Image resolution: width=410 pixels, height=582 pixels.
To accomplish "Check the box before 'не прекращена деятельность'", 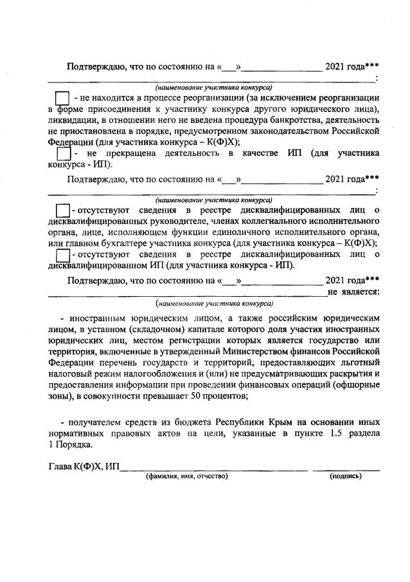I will (x=63, y=155).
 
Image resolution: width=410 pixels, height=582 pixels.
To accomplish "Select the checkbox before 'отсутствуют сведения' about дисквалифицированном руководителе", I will (x=62, y=211).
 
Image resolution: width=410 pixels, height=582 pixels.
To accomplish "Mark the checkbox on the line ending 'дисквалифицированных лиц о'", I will (x=62, y=256).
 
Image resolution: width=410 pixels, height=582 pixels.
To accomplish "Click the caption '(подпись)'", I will (x=346, y=476).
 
